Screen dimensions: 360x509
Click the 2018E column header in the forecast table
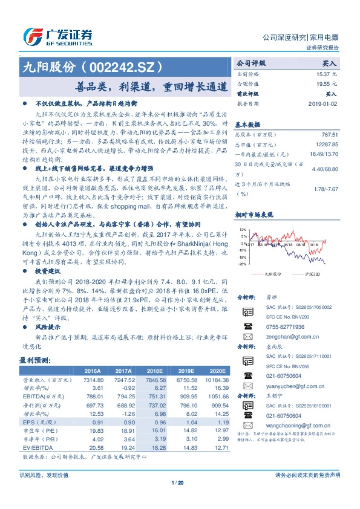tap(155, 371)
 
